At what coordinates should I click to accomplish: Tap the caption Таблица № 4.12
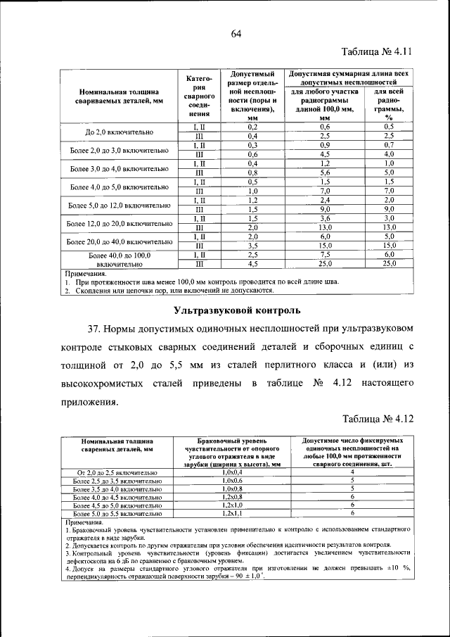point(376,419)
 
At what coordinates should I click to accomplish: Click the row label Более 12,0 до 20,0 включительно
point(120,223)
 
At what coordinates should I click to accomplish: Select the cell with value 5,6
point(325,172)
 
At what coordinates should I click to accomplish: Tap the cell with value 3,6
point(325,217)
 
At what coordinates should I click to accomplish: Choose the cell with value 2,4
point(325,200)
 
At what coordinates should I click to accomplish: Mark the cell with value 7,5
point(325,254)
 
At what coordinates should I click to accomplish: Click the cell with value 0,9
point(325,144)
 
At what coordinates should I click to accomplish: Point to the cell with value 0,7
point(389,144)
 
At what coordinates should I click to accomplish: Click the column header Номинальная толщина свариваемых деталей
point(120,96)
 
